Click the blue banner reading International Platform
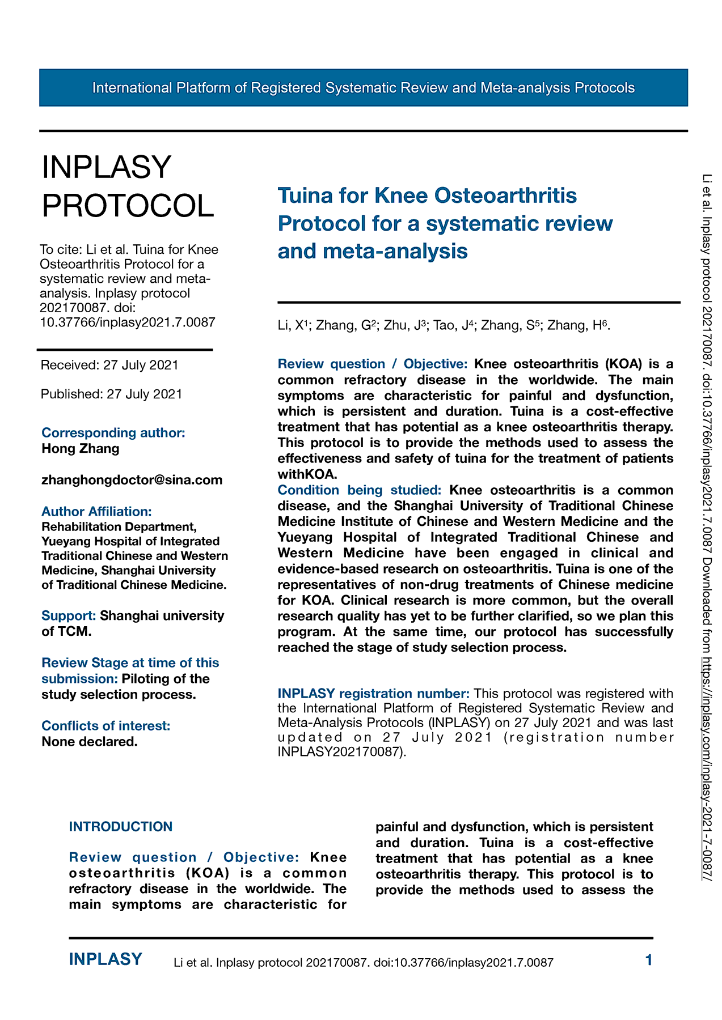click(x=363, y=88)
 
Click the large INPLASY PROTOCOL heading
click(x=128, y=186)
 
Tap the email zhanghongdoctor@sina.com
click(x=132, y=480)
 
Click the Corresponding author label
click(x=113, y=432)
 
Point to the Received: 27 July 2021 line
click(x=109, y=365)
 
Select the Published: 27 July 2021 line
click(x=111, y=394)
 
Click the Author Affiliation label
click(x=96, y=512)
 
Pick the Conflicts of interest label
click(x=105, y=726)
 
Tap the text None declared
click(x=90, y=741)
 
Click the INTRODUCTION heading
click(x=121, y=827)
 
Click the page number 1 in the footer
click(x=649, y=960)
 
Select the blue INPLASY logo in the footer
click(x=105, y=959)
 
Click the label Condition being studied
click(x=359, y=490)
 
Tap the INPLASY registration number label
click(x=373, y=694)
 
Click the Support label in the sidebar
click(x=69, y=615)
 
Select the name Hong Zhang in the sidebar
click(x=81, y=448)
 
